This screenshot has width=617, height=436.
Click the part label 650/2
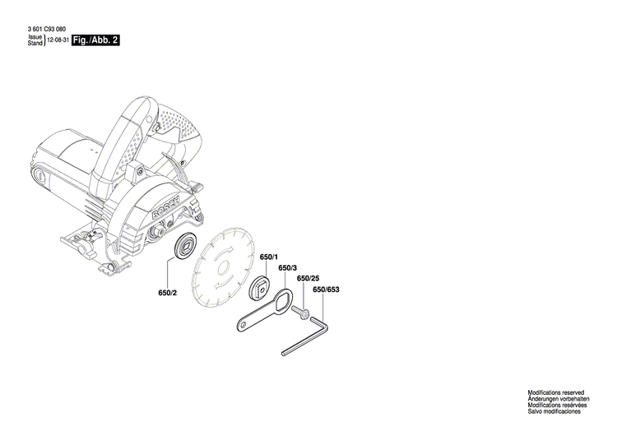click(x=168, y=293)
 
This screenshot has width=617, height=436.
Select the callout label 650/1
click(x=268, y=258)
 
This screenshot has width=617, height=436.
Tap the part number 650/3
click(x=286, y=268)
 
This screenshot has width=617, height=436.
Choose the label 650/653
click(x=326, y=290)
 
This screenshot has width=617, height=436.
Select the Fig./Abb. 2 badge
click(x=95, y=39)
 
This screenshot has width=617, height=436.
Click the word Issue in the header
click(x=35, y=37)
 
